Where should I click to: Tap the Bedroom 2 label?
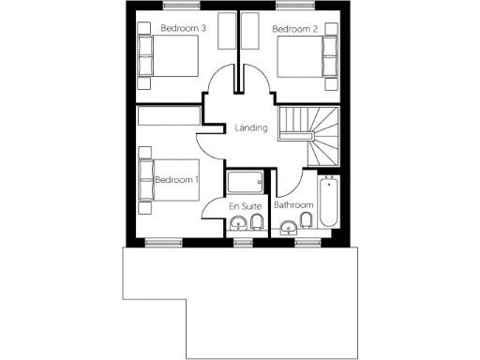point(295,29)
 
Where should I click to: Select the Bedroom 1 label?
point(177,179)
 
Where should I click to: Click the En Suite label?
point(246,205)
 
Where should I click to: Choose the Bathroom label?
point(292,204)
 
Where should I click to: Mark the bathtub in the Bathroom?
point(328,202)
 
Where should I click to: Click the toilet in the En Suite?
point(257,223)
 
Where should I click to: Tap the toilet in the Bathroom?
point(306,222)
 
